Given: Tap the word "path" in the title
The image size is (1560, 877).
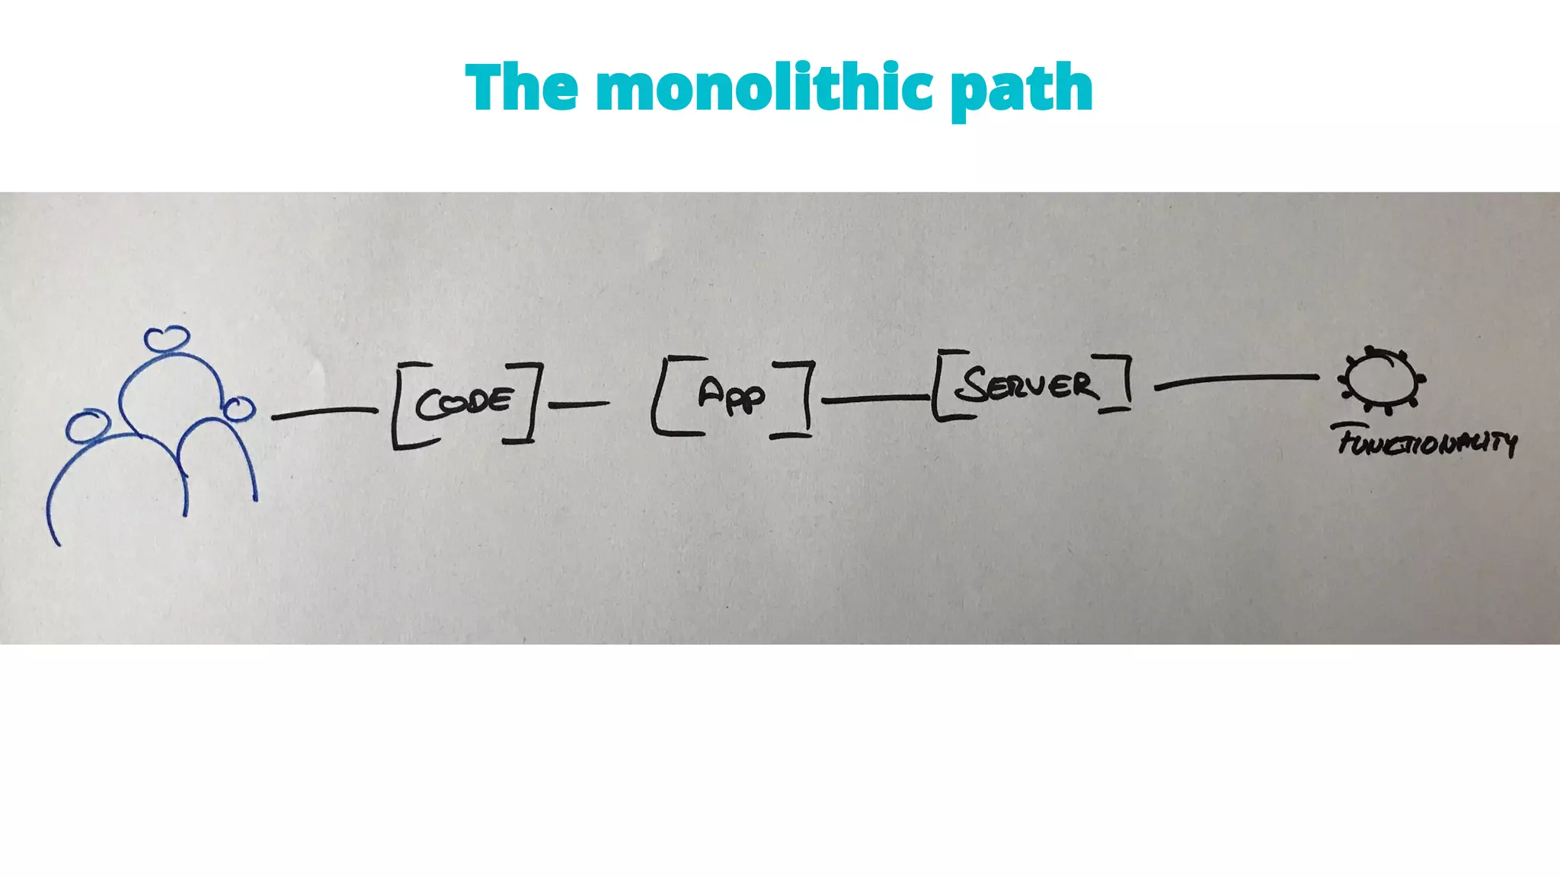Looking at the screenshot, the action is click(1021, 90).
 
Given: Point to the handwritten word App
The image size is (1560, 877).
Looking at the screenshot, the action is click(731, 394).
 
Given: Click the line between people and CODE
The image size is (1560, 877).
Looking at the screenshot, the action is click(324, 413).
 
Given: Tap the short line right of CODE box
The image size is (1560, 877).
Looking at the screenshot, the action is click(579, 404).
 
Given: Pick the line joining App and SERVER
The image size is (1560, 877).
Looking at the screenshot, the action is click(874, 398).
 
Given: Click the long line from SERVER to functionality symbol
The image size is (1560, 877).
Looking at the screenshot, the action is click(1237, 380).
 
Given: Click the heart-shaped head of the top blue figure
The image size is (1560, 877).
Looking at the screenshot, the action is click(167, 339).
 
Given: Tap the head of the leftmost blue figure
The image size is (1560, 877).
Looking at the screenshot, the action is click(87, 426).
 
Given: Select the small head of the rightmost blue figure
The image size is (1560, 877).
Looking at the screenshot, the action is click(239, 409).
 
